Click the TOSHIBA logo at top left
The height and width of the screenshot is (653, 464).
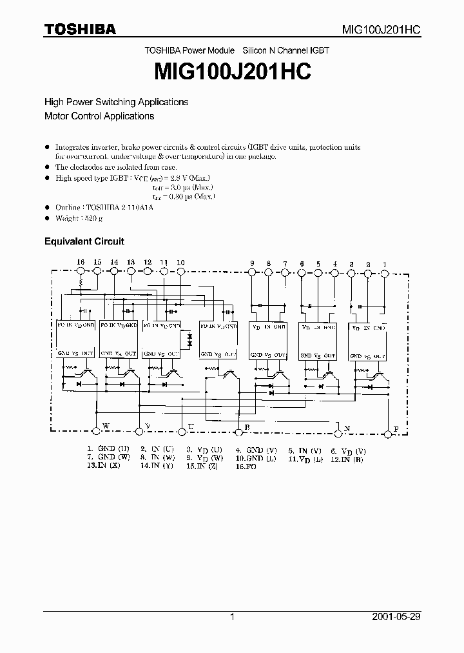79,29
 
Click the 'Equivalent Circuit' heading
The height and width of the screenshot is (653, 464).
84,241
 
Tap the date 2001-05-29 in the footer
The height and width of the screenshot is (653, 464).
396,617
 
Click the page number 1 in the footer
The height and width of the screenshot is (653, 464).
231,617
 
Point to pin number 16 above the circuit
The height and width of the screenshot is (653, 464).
81,262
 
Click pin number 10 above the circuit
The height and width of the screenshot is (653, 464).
180,262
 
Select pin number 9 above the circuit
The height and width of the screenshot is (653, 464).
252,263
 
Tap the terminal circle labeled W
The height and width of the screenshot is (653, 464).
97,428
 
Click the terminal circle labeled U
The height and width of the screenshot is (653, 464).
182,428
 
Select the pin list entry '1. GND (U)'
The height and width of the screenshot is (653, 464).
109,448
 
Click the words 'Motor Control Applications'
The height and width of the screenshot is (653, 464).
99,116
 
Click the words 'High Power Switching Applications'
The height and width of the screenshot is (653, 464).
116,102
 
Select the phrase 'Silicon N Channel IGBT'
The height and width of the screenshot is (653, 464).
285,50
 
